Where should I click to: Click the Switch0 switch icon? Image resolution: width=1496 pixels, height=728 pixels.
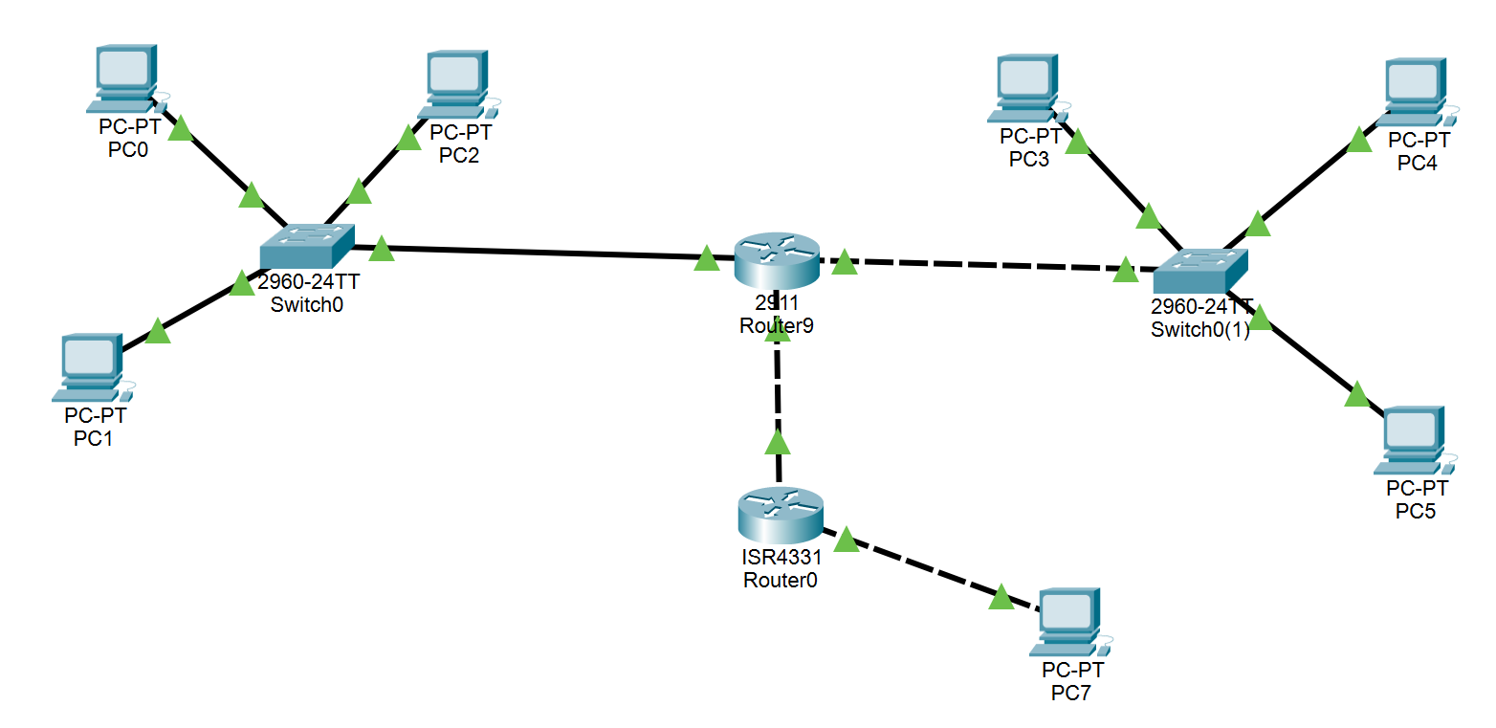[x=306, y=247]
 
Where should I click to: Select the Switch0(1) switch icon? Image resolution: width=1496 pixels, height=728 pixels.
[x=1199, y=271]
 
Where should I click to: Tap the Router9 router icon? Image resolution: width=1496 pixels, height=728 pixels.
[x=777, y=258]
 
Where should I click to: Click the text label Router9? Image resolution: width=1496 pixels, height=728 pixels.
[x=777, y=325]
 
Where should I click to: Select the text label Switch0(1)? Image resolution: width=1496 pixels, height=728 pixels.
[x=1200, y=329]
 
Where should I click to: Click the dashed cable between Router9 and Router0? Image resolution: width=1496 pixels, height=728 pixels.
[x=779, y=397]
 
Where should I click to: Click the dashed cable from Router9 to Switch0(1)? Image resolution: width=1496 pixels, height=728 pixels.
[x=985, y=264]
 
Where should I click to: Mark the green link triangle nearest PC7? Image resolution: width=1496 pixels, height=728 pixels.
[x=1001, y=598]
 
